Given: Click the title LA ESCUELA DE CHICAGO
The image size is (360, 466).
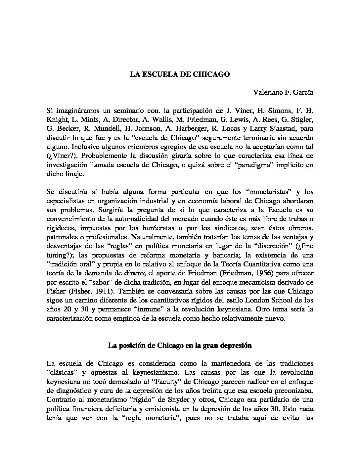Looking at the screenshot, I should click(180, 74).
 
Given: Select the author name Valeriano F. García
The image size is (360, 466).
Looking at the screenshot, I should click(283, 93).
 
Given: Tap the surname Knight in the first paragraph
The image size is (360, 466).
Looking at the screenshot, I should click(56, 119).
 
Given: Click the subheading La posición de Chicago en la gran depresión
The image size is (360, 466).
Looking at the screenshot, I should click(180, 346).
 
